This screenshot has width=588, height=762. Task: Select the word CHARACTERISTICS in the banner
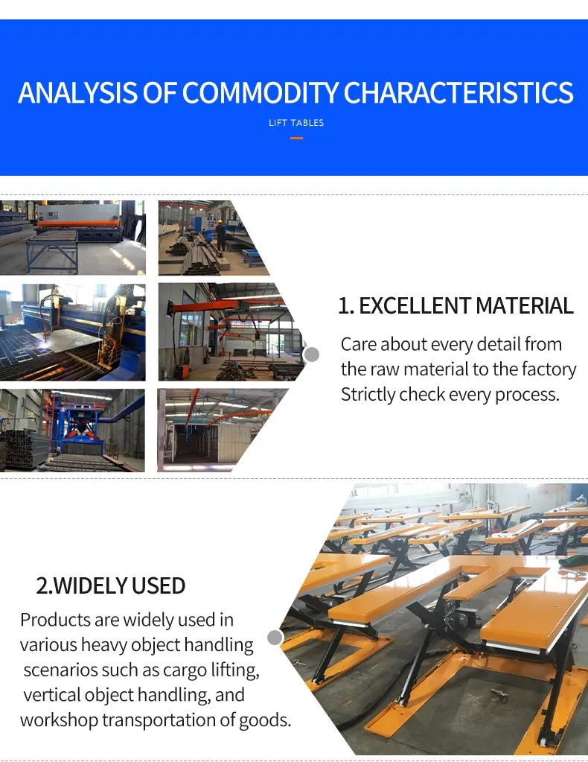pyautogui.click(x=458, y=93)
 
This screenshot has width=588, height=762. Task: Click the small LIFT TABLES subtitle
pyautogui.click(x=296, y=123)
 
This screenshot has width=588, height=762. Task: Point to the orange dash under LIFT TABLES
pyautogui.click(x=296, y=138)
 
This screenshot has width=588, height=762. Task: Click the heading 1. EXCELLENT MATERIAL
pyautogui.click(x=456, y=306)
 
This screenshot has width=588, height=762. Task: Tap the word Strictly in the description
pyautogui.click(x=368, y=394)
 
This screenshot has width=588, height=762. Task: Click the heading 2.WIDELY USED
pyautogui.click(x=111, y=585)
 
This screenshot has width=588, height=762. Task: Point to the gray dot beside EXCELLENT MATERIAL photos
pyautogui.click(x=312, y=355)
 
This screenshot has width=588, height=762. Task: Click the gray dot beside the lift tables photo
pyautogui.click(x=275, y=637)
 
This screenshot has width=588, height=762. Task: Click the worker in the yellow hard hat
pyautogui.click(x=220, y=230)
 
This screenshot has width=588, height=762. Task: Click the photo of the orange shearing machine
pyautogui.click(x=72, y=237)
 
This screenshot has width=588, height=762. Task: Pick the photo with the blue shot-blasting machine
pyautogui.click(x=72, y=431)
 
